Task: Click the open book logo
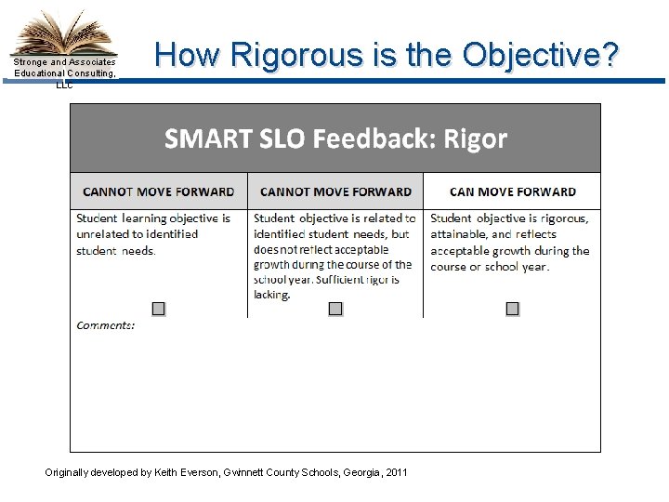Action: click(x=63, y=33)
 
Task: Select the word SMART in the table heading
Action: click(x=202, y=139)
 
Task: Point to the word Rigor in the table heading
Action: click(x=475, y=139)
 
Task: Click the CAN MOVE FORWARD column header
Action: click(x=512, y=192)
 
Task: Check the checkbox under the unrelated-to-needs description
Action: click(x=159, y=309)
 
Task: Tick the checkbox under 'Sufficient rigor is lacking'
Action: click(x=335, y=309)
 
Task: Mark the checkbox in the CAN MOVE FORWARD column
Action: click(x=512, y=309)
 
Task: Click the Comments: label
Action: click(x=106, y=324)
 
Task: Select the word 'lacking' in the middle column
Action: click(x=272, y=295)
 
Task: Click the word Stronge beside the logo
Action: click(x=31, y=62)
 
